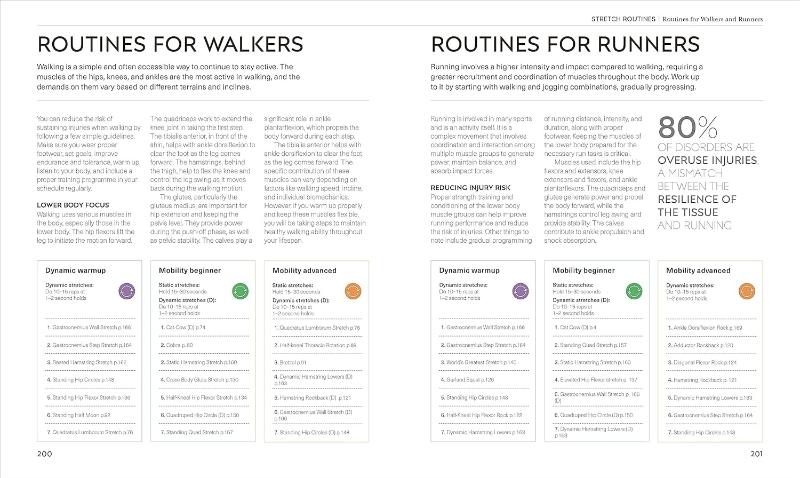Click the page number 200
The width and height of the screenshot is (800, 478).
coord(44,454)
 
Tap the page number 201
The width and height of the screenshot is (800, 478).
coord(756,454)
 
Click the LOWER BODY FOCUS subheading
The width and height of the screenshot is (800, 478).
coord(73,205)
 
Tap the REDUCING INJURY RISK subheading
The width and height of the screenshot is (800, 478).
coord(470,188)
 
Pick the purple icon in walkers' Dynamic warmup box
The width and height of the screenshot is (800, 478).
coord(126,291)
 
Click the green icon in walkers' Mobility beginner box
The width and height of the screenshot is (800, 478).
coord(241,291)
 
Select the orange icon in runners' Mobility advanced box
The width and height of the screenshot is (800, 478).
coord(747,291)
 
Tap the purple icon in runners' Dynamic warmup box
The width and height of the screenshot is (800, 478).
coord(521,291)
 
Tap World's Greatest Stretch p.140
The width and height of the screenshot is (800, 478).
coord(481,362)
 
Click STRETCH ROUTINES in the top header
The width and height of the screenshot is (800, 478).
coord(623,19)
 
